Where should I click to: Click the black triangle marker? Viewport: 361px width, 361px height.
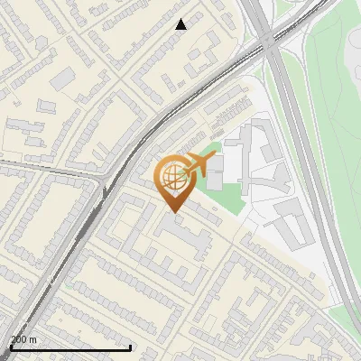[x=180, y=24]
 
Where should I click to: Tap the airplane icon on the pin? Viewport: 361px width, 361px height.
[x=197, y=164]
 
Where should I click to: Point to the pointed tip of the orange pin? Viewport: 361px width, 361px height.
[x=171, y=212]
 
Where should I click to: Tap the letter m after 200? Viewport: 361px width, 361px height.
[x=33, y=339]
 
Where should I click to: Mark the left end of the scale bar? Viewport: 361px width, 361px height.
[x=11, y=347]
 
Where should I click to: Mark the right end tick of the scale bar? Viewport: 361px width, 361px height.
[x=131, y=347]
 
